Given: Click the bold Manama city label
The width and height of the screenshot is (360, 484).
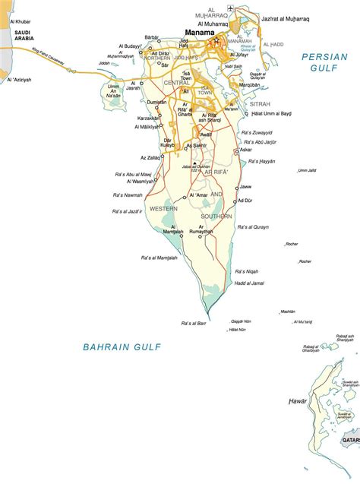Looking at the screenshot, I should coord(198,33).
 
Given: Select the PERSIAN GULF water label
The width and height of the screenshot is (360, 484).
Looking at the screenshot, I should coord(324,62).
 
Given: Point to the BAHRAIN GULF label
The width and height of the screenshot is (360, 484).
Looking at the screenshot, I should coord(122,347).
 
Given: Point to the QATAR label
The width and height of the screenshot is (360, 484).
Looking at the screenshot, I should coord(350,440).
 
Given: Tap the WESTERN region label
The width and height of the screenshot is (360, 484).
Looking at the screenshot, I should coord(163,208).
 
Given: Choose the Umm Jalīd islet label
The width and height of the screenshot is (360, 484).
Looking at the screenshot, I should coord(307,170).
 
